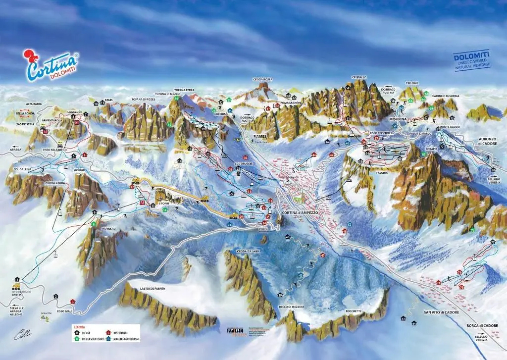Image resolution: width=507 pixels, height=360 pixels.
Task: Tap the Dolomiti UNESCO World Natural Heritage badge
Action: [472, 60]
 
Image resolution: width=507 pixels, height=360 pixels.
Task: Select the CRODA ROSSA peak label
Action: [263, 79]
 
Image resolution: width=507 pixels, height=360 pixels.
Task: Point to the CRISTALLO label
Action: [359, 77]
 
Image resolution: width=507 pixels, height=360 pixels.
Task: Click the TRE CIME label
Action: [412, 83]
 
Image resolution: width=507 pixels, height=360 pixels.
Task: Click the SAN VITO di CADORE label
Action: [441, 312]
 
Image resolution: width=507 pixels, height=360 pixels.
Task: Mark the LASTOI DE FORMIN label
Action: [153, 288]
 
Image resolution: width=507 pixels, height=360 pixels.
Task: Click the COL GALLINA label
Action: [22, 169]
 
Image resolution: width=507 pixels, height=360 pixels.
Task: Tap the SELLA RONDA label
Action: [25, 113]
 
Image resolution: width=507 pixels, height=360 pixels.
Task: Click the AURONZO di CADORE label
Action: [488, 141]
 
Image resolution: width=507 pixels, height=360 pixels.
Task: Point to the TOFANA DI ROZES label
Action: [144, 99]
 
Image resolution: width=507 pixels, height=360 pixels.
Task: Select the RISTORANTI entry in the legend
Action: [120, 333]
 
